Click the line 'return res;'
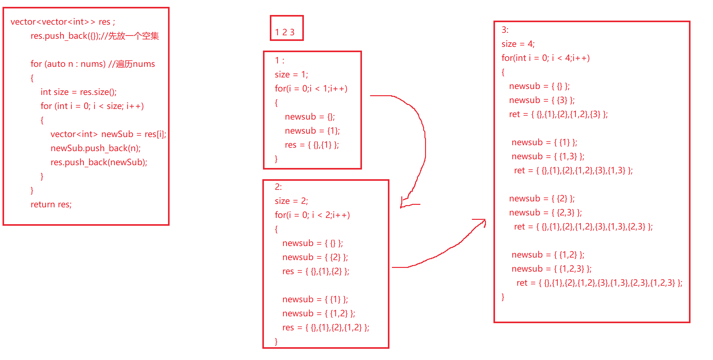[x=51, y=205]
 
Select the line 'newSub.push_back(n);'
[x=96, y=148]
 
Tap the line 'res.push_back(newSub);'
[x=99, y=162]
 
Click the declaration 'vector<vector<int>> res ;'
[x=63, y=22]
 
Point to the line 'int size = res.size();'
[x=78, y=92]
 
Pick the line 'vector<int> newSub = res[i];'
[x=108, y=134]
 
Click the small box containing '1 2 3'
[x=286, y=28]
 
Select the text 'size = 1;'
[x=291, y=75]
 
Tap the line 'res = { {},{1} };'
[x=312, y=145]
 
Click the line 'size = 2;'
[x=291, y=201]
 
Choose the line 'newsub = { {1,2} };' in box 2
[x=319, y=313]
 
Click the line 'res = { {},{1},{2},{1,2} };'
[x=325, y=328]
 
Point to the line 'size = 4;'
[x=518, y=44]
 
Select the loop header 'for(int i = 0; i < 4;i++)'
[x=546, y=58]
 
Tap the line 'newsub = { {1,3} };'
[x=548, y=156]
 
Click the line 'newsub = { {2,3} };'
[x=545, y=213]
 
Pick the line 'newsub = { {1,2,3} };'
[x=552, y=269]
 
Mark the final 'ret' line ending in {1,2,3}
[x=599, y=283]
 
